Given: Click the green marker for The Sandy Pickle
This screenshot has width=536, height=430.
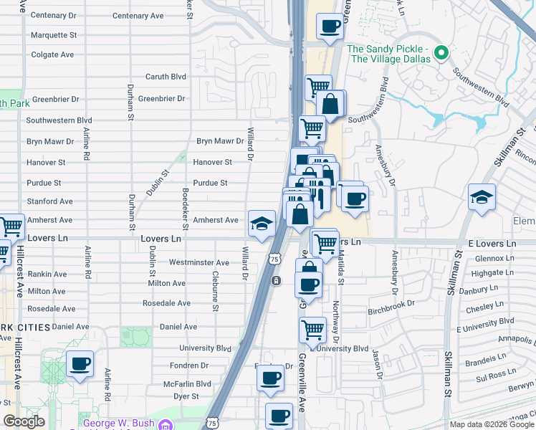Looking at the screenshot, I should [442, 52].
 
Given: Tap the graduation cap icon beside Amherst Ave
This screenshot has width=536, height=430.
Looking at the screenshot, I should [262, 224].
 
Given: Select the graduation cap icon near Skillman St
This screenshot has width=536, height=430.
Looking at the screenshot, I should [482, 197].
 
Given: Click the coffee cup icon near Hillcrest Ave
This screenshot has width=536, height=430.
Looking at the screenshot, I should [80, 364].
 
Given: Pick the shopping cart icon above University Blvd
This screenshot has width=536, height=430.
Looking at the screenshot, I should [312, 330].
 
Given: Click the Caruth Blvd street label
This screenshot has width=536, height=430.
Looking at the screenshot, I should [166, 77].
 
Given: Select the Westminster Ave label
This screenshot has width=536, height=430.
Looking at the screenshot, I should [198, 262].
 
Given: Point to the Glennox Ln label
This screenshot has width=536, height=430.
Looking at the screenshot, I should [489, 258].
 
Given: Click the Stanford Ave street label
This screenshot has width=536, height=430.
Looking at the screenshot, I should [49, 201].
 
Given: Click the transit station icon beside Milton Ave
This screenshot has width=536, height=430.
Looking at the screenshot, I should [276, 281].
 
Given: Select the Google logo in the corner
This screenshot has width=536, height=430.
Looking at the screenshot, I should [24, 421].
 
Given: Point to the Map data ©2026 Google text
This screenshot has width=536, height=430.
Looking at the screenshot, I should [492, 424].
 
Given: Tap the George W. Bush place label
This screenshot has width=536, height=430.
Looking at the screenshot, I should [118, 423].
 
